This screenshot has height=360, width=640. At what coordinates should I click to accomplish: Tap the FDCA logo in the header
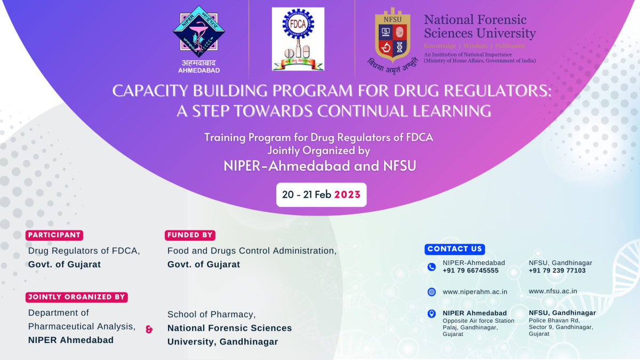[298, 39]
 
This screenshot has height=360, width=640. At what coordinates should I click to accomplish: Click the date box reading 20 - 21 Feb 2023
[321, 195]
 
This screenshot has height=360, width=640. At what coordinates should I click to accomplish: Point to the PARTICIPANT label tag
[54, 235]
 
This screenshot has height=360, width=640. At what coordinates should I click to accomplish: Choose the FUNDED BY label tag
[190, 235]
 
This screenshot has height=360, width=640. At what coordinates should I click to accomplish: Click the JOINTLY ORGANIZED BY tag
[77, 297]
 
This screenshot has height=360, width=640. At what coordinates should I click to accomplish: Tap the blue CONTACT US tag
[455, 249]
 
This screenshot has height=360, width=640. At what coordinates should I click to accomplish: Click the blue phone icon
[431, 267]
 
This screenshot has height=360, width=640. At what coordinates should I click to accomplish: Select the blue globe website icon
[431, 292]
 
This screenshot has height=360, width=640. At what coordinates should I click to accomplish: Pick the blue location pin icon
[431, 314]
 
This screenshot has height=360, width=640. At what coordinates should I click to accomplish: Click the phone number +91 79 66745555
[470, 271]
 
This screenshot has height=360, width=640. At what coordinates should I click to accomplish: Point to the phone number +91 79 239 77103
[557, 271]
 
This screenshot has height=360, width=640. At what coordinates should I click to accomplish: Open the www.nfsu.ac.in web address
[553, 291]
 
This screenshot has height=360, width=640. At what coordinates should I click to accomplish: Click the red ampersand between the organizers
[149, 330]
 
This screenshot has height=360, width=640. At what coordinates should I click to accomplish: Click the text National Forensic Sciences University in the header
[479, 27]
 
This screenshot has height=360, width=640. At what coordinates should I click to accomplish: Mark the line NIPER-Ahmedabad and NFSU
[320, 166]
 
